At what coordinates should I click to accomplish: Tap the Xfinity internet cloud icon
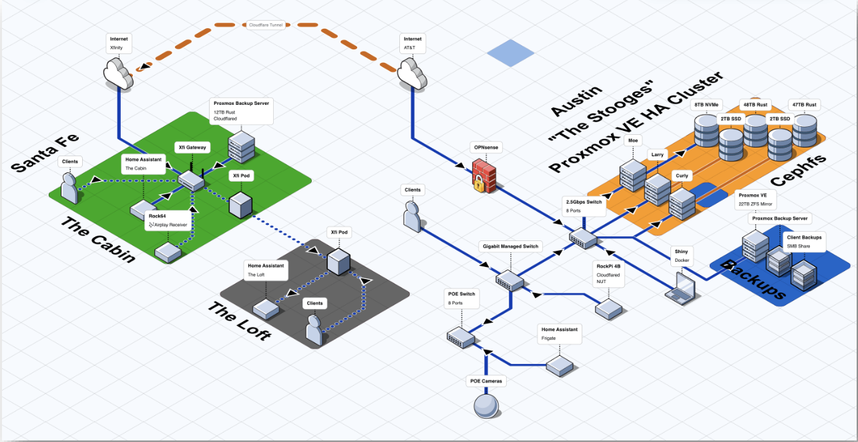click(x=119, y=73)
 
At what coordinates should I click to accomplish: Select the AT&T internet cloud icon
click(x=413, y=73)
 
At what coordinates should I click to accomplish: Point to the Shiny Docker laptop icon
click(x=680, y=286)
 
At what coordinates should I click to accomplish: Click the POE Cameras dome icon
click(x=485, y=405)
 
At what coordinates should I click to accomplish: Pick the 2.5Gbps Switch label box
click(x=585, y=205)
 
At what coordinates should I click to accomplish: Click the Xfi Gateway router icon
click(x=192, y=179)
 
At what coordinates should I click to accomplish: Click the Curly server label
click(x=681, y=176)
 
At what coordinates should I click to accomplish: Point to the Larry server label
click(x=658, y=154)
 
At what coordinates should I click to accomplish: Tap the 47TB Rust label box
click(x=804, y=104)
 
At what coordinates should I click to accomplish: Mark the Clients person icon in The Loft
click(x=315, y=330)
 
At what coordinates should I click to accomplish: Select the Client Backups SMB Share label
click(x=804, y=242)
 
